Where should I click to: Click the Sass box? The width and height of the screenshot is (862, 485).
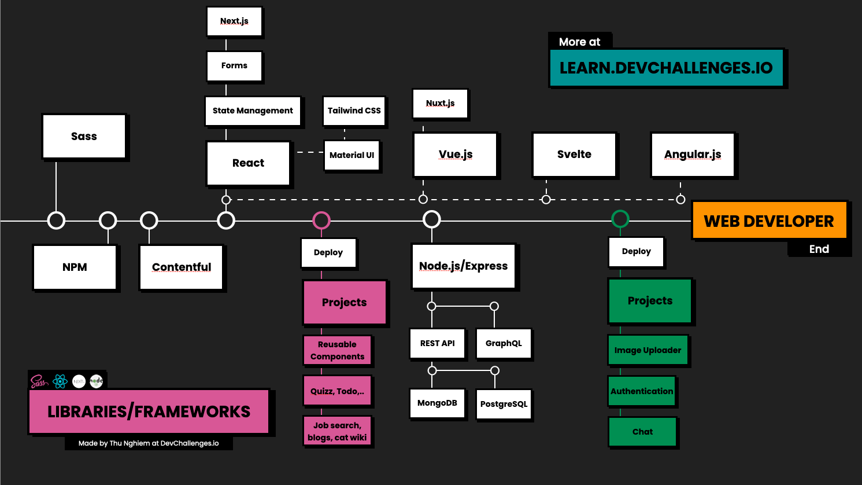[84, 137]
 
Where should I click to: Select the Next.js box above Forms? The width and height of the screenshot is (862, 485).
[234, 21]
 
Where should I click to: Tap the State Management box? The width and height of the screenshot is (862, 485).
[253, 111]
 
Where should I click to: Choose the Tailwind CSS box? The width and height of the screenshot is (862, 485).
[354, 111]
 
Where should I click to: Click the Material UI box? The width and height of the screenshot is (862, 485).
[352, 155]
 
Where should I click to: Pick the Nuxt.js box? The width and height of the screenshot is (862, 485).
[440, 104]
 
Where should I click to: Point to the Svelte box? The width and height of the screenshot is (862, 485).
[574, 155]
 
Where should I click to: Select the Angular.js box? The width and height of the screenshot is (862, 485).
[693, 155]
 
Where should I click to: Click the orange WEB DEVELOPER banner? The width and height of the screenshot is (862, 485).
[769, 221]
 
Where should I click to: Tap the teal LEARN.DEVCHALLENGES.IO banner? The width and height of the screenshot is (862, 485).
[666, 68]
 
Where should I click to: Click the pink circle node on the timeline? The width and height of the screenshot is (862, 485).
[321, 220]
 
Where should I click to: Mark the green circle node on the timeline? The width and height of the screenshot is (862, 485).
[620, 219]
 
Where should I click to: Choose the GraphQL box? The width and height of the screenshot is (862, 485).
[503, 343]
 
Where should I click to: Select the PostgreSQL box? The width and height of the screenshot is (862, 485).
[504, 404]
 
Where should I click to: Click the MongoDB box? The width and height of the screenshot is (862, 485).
[437, 403]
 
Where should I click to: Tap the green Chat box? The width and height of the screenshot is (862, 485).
[642, 432]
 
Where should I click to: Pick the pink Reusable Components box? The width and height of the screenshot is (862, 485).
[337, 351]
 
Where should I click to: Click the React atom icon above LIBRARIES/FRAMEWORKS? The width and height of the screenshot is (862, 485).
[60, 381]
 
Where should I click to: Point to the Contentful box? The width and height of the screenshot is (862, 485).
[182, 267]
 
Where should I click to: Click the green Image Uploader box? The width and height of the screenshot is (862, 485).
[648, 350]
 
